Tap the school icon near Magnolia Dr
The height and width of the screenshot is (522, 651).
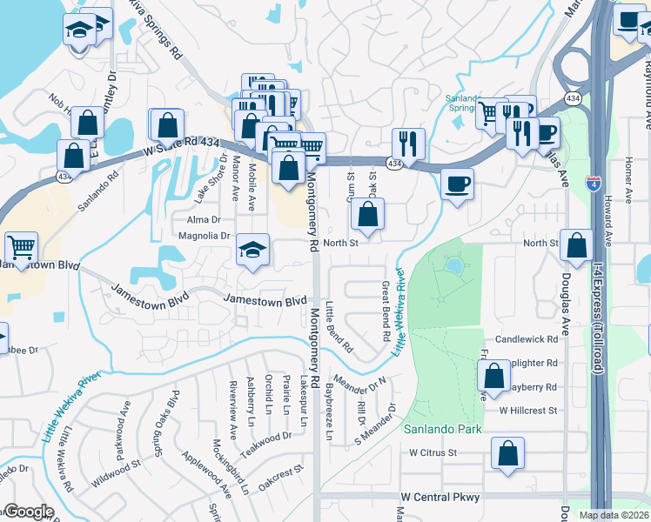click(x=252, y=251)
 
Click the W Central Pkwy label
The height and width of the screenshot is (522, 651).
click(x=440, y=497)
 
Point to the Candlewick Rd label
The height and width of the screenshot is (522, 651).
click(x=526, y=338)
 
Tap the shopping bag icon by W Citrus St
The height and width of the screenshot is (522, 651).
click(x=507, y=452)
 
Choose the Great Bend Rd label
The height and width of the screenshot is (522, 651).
click(x=385, y=311)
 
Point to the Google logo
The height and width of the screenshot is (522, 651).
click(x=28, y=512)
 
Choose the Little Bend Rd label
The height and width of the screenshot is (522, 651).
click(x=339, y=326)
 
